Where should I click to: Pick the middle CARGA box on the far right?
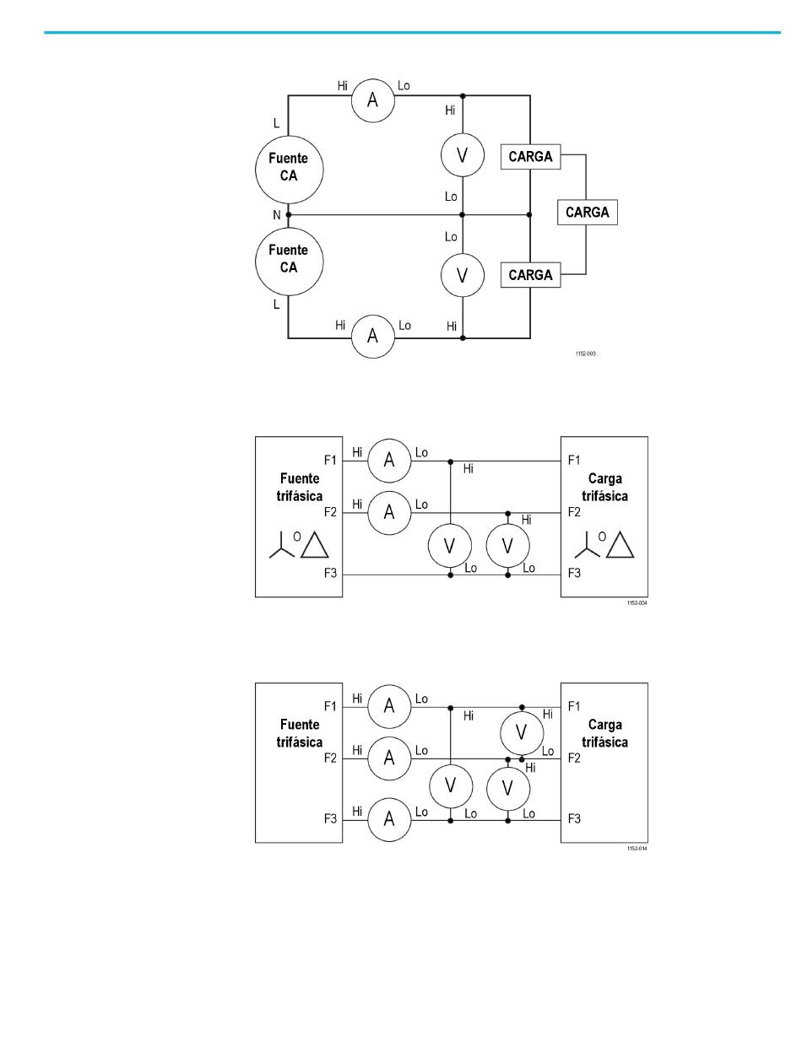(x=588, y=212)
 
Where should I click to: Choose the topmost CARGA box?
(x=531, y=156)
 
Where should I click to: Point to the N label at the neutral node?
(x=277, y=215)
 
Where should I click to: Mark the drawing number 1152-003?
(x=585, y=353)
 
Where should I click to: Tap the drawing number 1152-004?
(x=637, y=602)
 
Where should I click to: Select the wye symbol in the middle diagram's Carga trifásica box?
(x=587, y=545)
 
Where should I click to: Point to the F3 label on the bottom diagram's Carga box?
(x=574, y=819)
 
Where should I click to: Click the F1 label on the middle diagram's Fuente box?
(x=330, y=460)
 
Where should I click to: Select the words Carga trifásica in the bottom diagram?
(x=604, y=733)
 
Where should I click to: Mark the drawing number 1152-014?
(x=637, y=848)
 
